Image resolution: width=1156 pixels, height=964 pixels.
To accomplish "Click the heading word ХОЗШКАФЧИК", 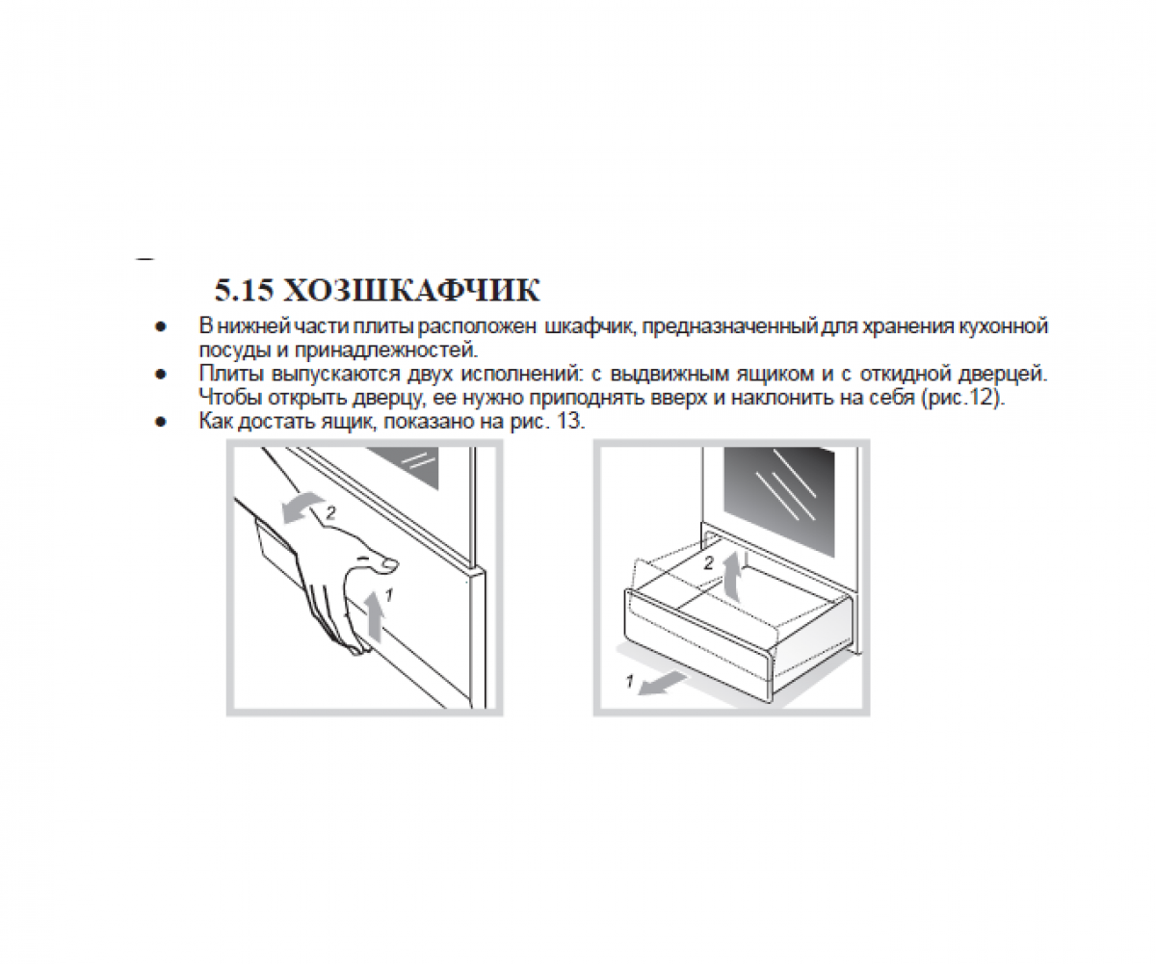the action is pos(411,290).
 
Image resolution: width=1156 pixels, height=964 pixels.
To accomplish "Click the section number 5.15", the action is pos(244,290).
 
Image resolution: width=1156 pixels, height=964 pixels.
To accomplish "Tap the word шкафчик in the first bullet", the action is pos(591,326).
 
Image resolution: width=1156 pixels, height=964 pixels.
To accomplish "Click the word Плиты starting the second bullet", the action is pos(230,374).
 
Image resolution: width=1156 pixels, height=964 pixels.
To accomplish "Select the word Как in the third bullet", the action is pos(216,422).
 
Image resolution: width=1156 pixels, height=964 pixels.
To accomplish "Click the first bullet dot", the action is pos(161,327).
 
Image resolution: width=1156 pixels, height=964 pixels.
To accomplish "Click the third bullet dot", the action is pos(161,422).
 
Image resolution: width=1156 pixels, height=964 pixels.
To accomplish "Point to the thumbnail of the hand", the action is pos(389,564).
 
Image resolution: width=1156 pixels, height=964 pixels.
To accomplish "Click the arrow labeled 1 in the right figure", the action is pos(662,684).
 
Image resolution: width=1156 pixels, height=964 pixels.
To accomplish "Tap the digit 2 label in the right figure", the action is pos(709,563).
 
